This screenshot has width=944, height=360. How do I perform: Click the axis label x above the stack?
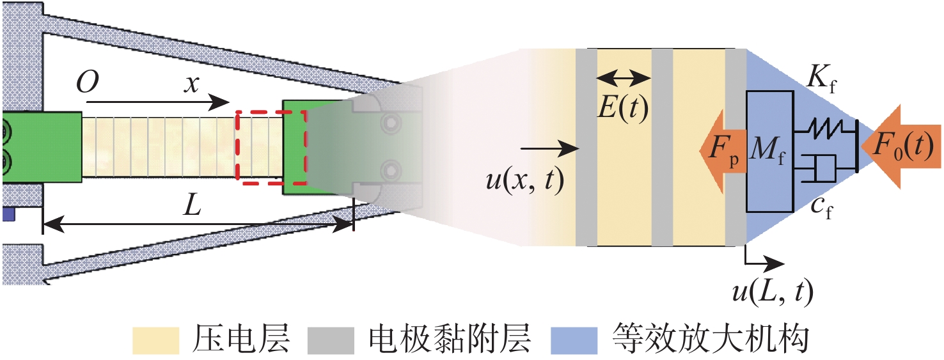[192, 84]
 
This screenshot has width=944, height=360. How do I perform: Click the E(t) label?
[623, 108]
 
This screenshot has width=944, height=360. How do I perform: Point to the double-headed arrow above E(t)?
[624, 78]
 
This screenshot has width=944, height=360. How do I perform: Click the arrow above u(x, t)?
[551, 148]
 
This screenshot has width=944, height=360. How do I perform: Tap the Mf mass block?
[769, 151]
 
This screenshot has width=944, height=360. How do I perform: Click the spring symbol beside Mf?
[825, 129]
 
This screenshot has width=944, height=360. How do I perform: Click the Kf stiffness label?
[821, 78]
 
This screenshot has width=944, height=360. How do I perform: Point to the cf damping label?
[822, 207]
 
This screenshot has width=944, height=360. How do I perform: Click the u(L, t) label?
[773, 292]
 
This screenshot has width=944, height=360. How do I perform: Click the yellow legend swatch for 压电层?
[155, 340]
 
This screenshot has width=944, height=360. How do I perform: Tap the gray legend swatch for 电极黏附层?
[331, 340]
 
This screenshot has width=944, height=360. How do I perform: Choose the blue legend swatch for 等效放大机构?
[574, 340]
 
